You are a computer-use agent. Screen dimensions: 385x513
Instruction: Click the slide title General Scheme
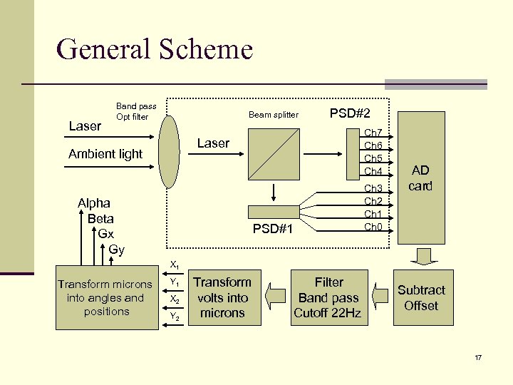(x=154, y=50)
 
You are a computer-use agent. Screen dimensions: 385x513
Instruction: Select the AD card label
(x=420, y=178)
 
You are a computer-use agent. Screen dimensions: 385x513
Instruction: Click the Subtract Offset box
(x=421, y=298)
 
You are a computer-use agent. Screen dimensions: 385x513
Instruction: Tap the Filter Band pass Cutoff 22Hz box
(x=328, y=297)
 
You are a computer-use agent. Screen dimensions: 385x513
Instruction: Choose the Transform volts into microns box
(x=222, y=297)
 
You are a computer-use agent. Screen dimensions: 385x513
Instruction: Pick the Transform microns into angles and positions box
(x=106, y=298)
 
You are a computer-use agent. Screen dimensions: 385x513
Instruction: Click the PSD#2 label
(x=349, y=113)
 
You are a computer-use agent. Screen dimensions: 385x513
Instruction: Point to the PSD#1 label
(x=273, y=229)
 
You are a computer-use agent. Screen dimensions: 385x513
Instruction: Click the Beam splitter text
(x=274, y=115)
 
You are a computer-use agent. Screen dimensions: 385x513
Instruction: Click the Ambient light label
(x=105, y=154)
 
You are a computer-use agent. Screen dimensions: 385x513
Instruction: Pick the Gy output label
(x=116, y=249)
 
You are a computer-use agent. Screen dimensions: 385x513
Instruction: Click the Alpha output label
(x=94, y=203)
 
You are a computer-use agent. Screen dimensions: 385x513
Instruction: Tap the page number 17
(x=478, y=356)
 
